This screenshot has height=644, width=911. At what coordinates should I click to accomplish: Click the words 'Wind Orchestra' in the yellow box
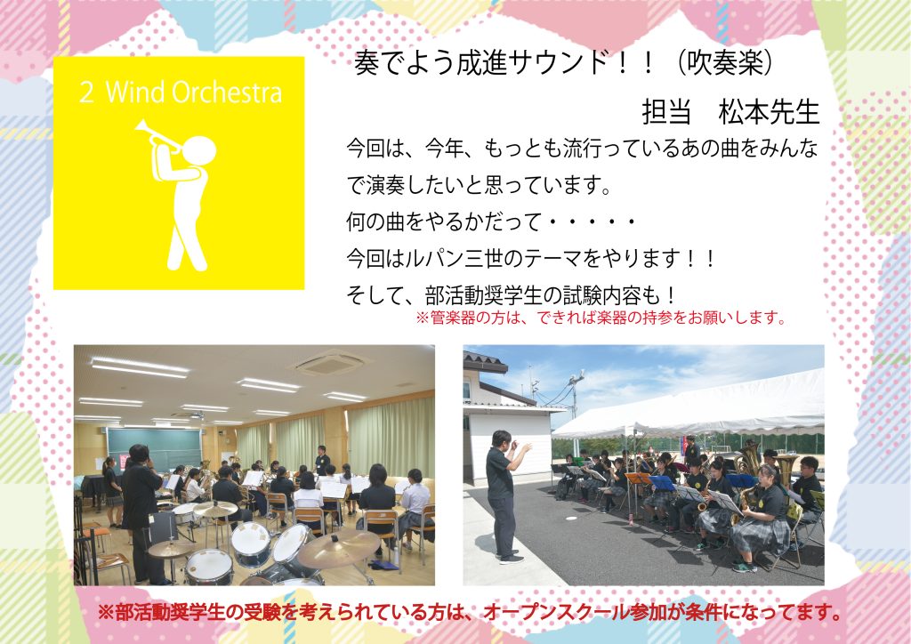pos(194,93)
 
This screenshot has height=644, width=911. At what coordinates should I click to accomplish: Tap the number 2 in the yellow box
pos(86,93)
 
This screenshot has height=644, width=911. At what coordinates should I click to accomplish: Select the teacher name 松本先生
pos(769,111)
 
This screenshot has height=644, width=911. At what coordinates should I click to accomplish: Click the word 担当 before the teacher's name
pos(666,111)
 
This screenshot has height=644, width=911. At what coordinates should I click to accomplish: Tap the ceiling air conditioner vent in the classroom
pos(329,364)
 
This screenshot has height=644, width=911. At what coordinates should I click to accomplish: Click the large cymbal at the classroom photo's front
pos(338,549)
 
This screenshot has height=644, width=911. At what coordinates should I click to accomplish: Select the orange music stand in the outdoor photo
pos(638,479)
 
